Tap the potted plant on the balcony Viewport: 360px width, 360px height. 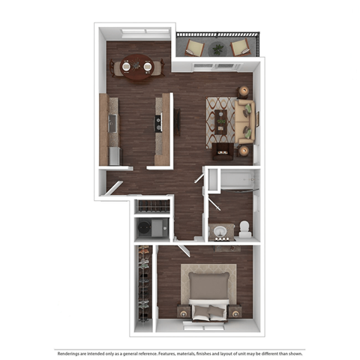point(218,49)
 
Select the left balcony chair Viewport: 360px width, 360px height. point(194,49)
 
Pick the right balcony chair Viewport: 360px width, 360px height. point(241,49)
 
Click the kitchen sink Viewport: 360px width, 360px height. point(159,121)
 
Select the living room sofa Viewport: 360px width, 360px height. point(245,120)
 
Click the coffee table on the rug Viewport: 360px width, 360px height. point(221,121)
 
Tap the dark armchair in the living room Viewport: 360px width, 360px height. point(222,152)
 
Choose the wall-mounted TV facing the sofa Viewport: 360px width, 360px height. point(176,120)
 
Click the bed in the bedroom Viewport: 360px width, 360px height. point(208,295)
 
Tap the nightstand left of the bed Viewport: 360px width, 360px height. point(182,311)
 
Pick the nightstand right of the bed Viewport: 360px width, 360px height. point(235,311)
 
